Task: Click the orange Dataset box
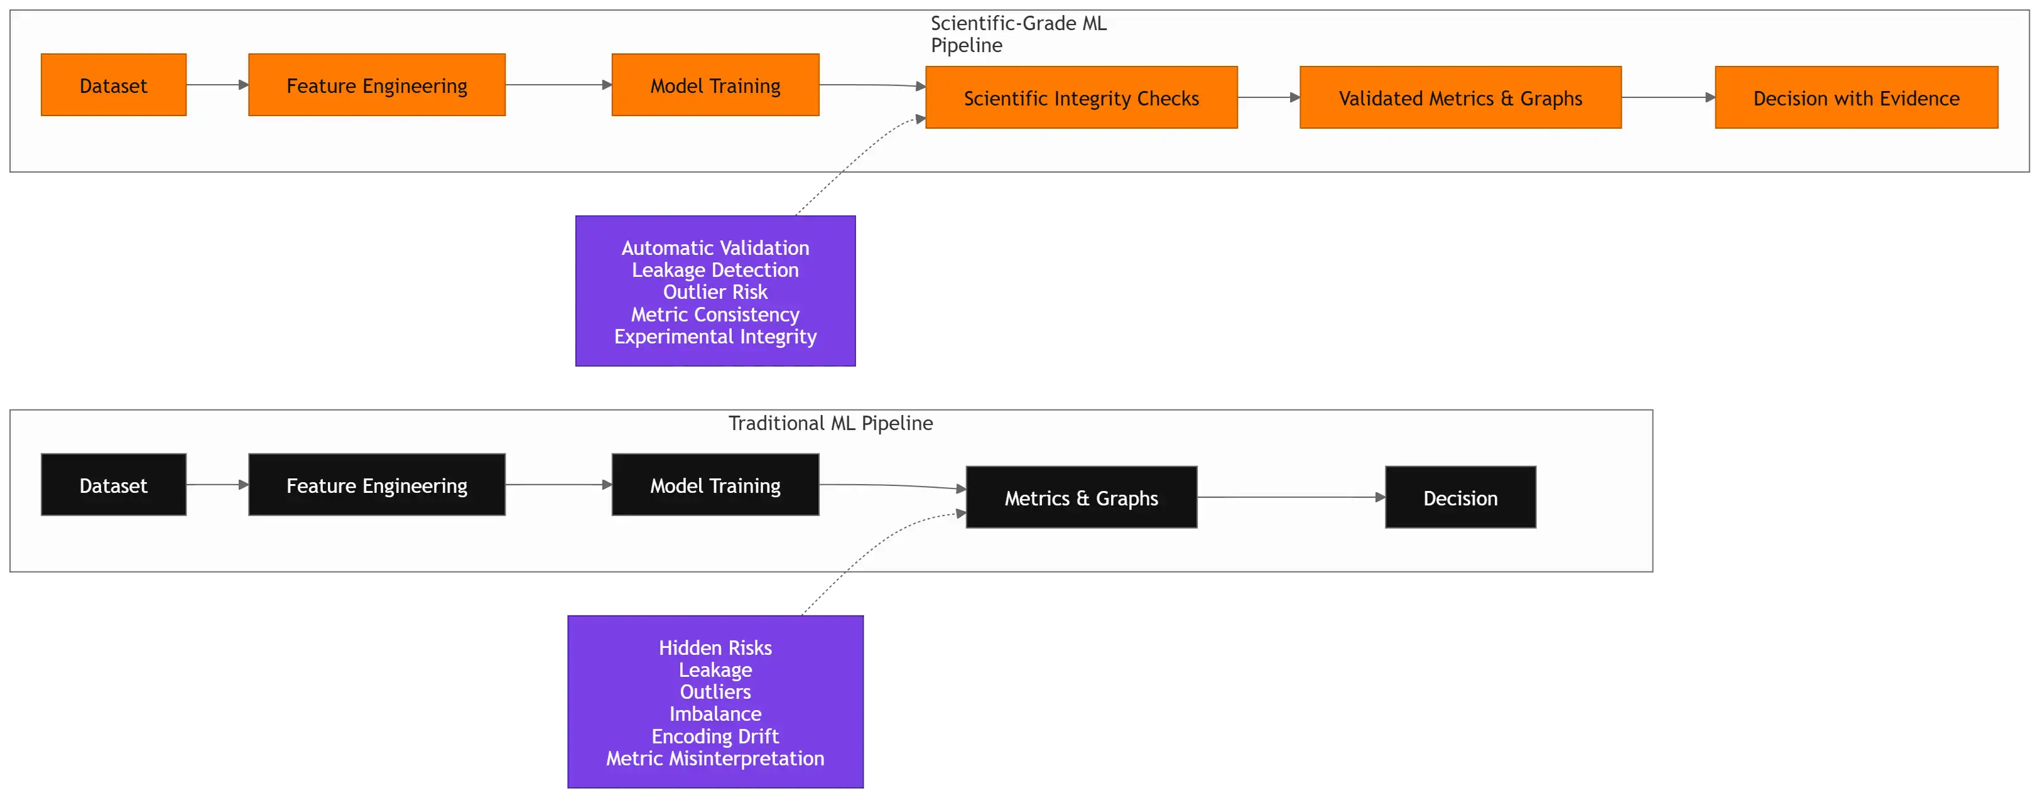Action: (113, 85)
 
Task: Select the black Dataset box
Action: (113, 485)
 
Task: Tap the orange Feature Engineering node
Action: (376, 85)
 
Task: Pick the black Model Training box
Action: (715, 485)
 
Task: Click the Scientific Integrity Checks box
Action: (1081, 97)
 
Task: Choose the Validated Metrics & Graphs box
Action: (1460, 97)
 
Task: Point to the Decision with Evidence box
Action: (1855, 97)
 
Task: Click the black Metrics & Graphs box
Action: (1081, 497)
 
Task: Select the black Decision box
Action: (1460, 497)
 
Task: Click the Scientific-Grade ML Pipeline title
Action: (1018, 34)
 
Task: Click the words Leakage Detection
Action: (715, 270)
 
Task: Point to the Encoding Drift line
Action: (715, 736)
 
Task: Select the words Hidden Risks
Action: (715, 647)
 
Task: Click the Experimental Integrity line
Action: (715, 337)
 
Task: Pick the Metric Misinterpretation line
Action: (715, 758)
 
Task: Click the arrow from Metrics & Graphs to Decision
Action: (1291, 497)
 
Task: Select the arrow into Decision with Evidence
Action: (1667, 97)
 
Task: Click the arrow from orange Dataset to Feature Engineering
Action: (217, 85)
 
